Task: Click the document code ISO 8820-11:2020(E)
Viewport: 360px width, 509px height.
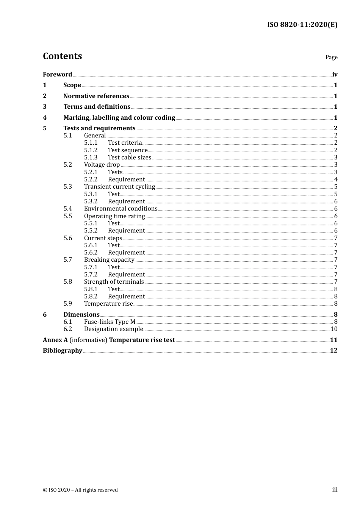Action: coord(302,25)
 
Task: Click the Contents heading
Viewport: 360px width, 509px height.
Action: coord(63,56)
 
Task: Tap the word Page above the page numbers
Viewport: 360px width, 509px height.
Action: coord(331,57)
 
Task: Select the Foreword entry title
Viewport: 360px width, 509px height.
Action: coord(57,75)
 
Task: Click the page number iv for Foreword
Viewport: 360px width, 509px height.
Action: coord(335,75)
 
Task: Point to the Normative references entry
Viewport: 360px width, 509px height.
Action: coord(96,96)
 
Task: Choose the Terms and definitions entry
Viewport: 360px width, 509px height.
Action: coord(97,107)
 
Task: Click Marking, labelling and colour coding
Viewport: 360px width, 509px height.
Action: coord(119,118)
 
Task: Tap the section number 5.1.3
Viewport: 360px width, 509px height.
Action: coord(91,158)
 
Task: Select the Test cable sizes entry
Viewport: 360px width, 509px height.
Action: coord(130,158)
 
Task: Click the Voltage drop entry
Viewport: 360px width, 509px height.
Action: coord(102,165)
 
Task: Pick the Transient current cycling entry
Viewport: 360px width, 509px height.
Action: coord(119,187)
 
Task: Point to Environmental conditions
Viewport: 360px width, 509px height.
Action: coord(121,209)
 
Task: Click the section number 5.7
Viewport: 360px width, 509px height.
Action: coord(68,260)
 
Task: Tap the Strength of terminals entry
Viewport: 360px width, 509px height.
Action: coord(114,282)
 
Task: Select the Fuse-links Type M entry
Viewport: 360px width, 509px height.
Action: coord(110,322)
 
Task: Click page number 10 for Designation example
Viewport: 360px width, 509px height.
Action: coord(334,329)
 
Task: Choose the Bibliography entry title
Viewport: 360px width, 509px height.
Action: coord(63,351)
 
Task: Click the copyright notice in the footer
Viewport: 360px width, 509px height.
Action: coord(80,490)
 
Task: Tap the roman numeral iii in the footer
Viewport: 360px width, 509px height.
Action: coord(335,490)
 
